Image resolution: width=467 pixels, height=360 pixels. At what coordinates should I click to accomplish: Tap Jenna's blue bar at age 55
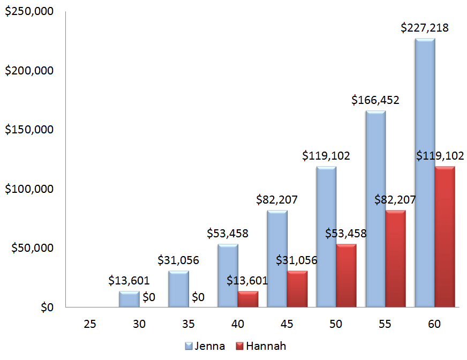click(375, 209)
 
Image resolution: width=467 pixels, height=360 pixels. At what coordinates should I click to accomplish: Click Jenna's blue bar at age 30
click(129, 299)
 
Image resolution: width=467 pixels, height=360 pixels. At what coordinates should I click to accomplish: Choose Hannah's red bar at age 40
click(247, 299)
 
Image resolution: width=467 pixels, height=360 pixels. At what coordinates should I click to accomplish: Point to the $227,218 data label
click(425, 28)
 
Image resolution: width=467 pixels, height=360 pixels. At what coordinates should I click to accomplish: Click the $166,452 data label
click(375, 100)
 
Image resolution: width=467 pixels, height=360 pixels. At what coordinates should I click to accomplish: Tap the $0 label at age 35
click(198, 296)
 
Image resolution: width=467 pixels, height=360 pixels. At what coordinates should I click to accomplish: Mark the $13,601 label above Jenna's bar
click(129, 280)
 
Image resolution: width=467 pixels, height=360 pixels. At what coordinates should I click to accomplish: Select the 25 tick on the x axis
click(90, 324)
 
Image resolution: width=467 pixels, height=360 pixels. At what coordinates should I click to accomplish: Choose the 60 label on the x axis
click(435, 324)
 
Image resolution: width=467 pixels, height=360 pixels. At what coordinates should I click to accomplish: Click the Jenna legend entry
click(205, 346)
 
